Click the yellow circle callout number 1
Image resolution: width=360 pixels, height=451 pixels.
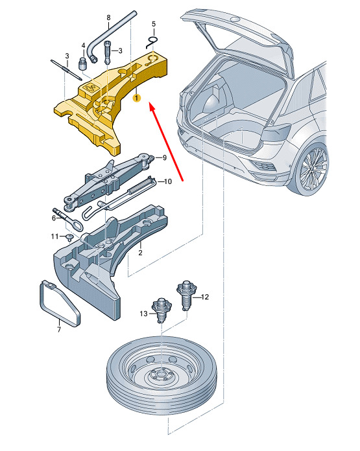pyautogui.click(x=136, y=98)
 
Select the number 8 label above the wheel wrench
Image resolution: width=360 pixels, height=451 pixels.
pyautogui.click(x=108, y=17)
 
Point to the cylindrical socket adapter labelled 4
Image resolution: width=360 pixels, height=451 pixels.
pyautogui.click(x=83, y=63)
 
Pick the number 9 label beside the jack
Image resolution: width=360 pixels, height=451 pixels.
pyautogui.click(x=165, y=157)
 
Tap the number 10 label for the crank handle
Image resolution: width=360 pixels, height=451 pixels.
pyautogui.click(x=167, y=181)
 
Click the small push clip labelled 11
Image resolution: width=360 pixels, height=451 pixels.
pyautogui.click(x=69, y=238)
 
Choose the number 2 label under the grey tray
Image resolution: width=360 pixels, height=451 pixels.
pyautogui.click(x=140, y=253)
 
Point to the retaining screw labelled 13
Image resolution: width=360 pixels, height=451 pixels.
pyautogui.click(x=162, y=310)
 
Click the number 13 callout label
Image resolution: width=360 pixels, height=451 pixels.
pyautogui.click(x=143, y=314)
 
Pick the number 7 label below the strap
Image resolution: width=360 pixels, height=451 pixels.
pyautogui.click(x=59, y=329)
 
